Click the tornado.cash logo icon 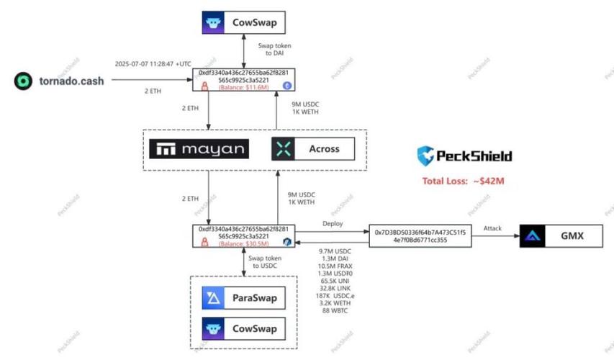click(24, 81)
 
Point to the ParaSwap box click(243, 297)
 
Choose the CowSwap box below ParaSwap click(243, 328)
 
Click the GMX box click(561, 235)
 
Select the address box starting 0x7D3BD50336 click(420, 236)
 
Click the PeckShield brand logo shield click(426, 156)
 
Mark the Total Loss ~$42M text click(463, 181)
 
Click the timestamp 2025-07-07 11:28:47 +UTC click(153, 63)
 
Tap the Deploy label click(333, 223)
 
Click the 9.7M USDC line click(333, 251)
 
